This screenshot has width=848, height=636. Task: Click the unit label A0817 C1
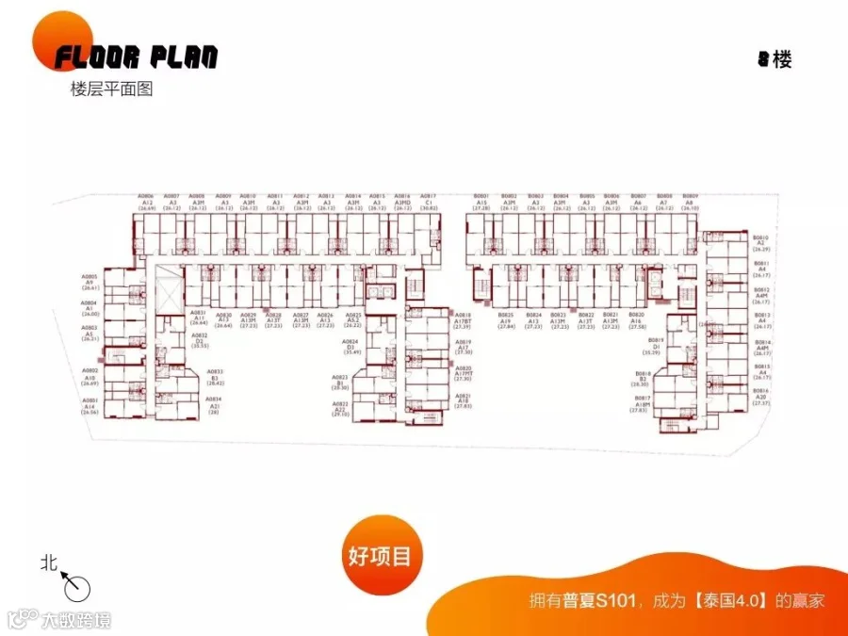[428, 202]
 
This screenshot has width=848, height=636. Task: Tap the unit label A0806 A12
[148, 202]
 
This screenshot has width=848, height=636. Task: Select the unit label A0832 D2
[200, 340]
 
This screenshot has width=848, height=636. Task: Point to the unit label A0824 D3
[352, 346]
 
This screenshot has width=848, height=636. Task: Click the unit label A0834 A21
[215, 405]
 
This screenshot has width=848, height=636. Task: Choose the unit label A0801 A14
[90, 405]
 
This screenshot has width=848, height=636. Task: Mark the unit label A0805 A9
[90, 282]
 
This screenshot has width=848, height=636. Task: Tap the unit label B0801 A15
[481, 202]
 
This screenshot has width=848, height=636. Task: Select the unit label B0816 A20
[761, 396]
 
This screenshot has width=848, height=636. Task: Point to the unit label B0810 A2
[761, 243]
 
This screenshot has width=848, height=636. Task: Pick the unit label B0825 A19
[506, 318]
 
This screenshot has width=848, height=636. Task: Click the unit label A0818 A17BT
[463, 320]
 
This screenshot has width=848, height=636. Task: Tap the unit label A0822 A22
[340, 408]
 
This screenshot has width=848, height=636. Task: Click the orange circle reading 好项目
[380, 555]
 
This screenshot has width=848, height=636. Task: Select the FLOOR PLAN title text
[136, 57]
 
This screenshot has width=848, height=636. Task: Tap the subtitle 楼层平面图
[111, 90]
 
